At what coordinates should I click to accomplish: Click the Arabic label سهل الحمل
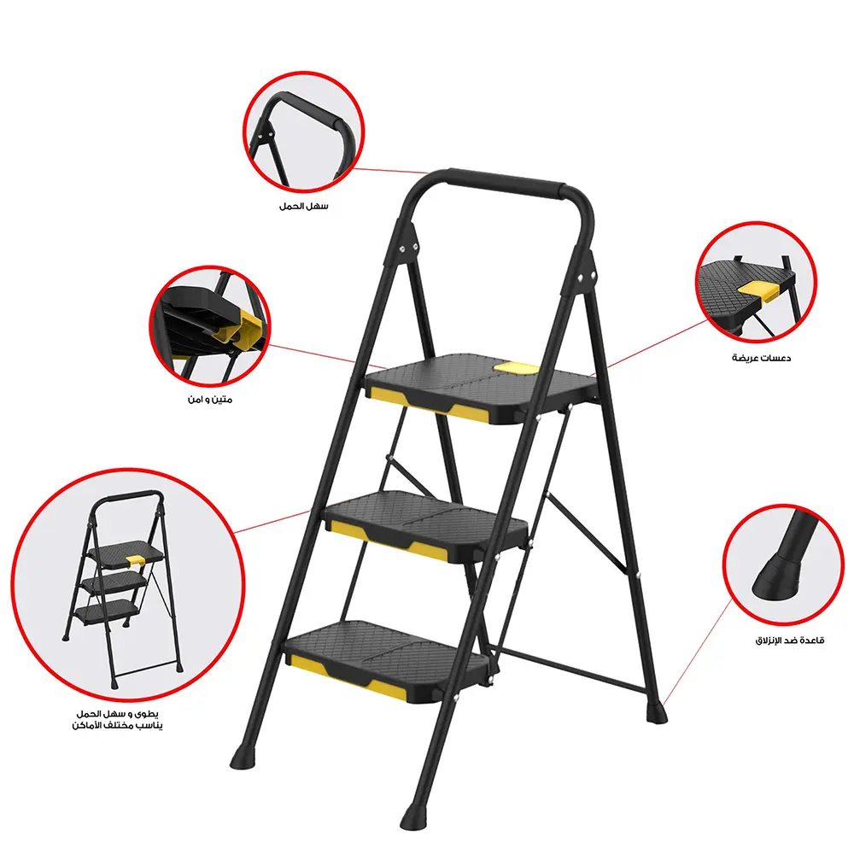(303, 206)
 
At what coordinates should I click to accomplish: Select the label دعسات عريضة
(761, 358)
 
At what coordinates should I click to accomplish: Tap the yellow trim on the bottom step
(342, 669)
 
